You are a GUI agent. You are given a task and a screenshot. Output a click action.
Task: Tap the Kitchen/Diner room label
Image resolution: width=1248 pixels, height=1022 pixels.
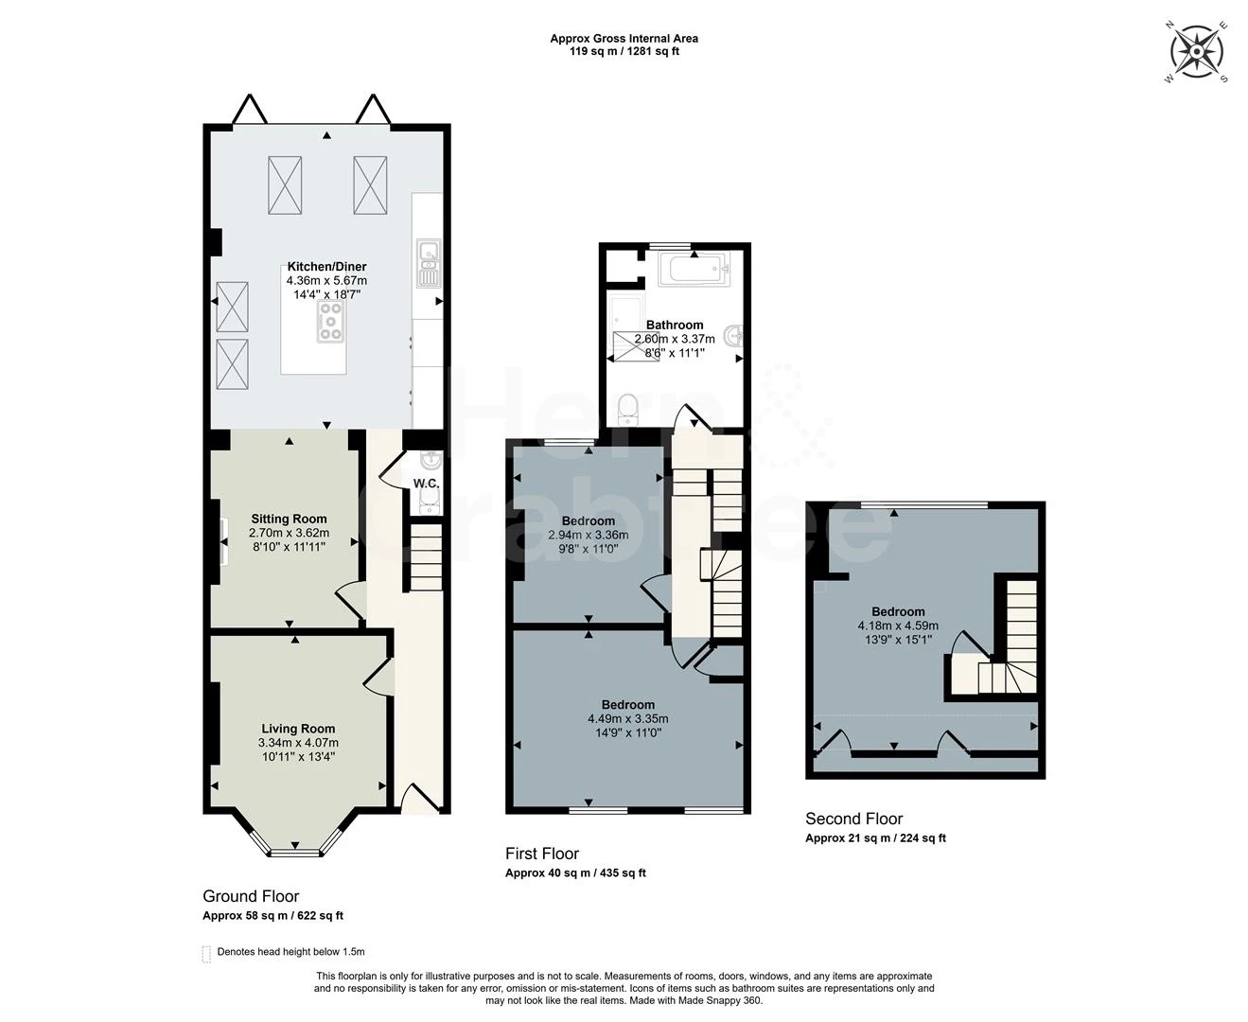coord(326,267)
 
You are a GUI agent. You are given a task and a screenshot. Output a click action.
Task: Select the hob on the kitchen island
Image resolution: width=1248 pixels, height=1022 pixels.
coord(331,321)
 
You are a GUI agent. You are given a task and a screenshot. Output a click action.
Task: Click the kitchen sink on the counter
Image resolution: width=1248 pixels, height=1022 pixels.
coord(428,263)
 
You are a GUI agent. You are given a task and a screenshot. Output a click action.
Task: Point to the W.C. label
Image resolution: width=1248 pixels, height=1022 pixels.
coord(426,485)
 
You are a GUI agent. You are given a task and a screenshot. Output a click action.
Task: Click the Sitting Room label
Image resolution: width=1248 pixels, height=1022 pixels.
coord(289,519)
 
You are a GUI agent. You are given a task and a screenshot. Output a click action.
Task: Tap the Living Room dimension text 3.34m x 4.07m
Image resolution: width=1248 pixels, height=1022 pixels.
coord(298,743)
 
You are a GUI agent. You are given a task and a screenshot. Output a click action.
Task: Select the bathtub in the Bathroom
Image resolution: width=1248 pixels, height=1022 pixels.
coord(694,270)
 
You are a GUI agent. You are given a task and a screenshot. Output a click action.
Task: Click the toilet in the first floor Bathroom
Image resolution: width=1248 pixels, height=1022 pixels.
coord(627,409)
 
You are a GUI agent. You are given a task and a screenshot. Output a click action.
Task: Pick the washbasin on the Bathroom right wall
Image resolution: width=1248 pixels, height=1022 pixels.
coord(733,335)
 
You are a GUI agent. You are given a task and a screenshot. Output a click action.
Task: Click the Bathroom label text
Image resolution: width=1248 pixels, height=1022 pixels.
coord(675,325)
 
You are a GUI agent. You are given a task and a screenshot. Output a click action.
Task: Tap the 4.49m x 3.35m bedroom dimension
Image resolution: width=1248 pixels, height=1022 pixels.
coord(627,718)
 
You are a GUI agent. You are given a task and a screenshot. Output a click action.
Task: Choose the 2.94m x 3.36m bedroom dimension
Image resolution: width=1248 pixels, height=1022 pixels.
coord(588,535)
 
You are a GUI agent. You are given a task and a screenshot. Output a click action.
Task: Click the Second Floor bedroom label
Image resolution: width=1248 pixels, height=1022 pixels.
coord(898,611)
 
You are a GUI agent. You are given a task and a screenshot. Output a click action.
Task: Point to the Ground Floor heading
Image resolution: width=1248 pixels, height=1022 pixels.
coord(251,896)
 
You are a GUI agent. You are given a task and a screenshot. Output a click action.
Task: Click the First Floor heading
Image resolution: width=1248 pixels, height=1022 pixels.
coord(542,854)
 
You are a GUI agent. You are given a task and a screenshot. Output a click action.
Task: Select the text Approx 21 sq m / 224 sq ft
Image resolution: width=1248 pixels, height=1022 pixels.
coord(875,838)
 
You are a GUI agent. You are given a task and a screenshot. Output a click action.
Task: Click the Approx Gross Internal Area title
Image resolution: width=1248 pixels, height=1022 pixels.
coord(624,39)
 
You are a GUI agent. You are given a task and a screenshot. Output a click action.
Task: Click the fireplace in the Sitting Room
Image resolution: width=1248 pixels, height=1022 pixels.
coord(223,541)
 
